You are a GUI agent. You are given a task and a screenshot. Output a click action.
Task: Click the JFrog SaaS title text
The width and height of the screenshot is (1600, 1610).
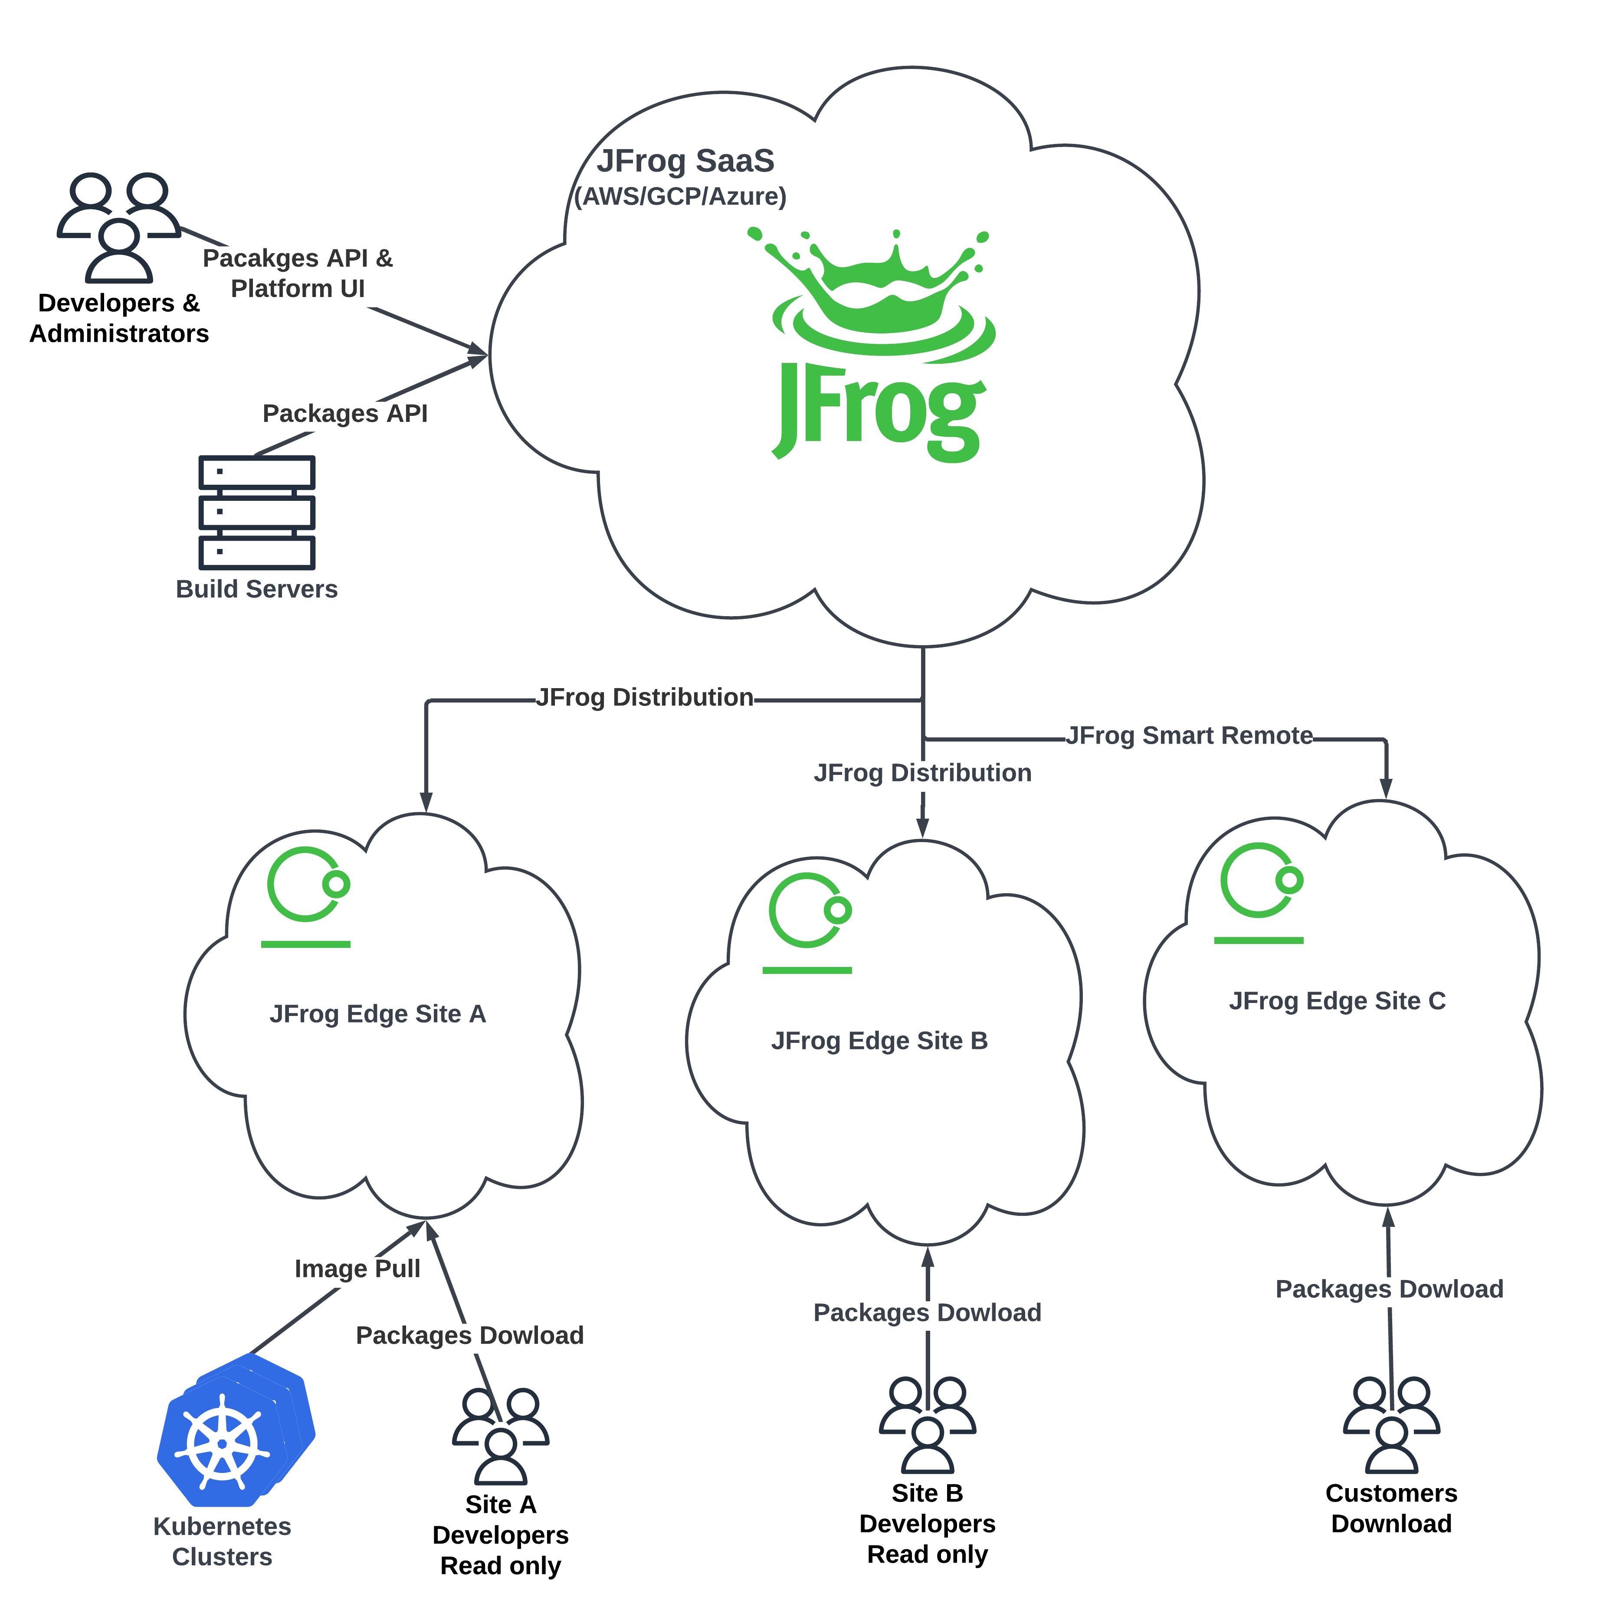685,161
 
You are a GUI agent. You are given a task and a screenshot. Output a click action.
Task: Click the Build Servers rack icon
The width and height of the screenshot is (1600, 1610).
257,512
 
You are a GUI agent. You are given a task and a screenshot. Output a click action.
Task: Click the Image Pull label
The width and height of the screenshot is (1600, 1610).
357,1268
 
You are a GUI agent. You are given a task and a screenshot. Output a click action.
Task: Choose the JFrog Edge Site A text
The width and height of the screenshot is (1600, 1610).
378,1014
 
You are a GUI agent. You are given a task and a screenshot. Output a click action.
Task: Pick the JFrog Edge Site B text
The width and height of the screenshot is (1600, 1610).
880,1041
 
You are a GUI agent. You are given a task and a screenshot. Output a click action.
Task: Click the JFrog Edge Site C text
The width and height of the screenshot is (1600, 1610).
1338,1001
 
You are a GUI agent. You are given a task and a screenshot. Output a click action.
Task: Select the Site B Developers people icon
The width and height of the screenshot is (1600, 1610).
927,1427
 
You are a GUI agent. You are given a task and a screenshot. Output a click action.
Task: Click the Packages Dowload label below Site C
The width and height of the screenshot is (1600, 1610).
1389,1289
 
